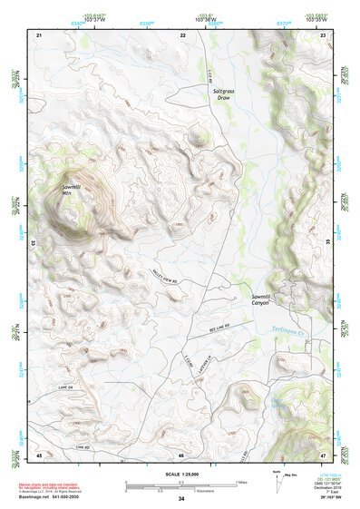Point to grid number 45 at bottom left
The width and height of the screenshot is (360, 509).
click(x=39, y=454)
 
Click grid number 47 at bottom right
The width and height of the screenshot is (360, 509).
click(x=325, y=454)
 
